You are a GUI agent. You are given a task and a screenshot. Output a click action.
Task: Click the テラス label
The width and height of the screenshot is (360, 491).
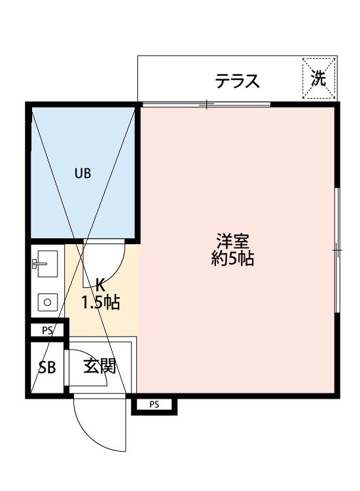[x=238, y=82]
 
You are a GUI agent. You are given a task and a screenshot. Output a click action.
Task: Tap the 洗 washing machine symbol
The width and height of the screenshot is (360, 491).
[x=319, y=79]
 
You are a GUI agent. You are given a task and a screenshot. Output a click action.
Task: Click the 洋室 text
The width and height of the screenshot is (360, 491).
[x=232, y=241]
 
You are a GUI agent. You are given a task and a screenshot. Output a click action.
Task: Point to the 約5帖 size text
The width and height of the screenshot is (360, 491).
[x=232, y=259]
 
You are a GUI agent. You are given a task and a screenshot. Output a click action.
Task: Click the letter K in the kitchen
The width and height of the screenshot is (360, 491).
[x=100, y=285]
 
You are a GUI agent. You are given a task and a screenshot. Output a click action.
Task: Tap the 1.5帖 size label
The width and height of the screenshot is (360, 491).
[x=100, y=302]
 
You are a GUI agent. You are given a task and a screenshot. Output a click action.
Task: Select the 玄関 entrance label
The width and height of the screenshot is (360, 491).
[x=99, y=366]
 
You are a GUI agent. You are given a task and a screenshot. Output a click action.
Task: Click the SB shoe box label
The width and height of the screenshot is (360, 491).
[x=47, y=367]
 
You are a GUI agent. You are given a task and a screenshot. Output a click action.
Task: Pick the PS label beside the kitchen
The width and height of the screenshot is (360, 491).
[x=47, y=331]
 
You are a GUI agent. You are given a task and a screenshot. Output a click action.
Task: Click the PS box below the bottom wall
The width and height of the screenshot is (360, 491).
[x=154, y=405]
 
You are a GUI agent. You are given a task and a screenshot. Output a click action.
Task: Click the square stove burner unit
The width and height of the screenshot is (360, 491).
[x=47, y=302]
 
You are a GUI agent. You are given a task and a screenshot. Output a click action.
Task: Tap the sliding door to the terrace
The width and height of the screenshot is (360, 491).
[x=206, y=104]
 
